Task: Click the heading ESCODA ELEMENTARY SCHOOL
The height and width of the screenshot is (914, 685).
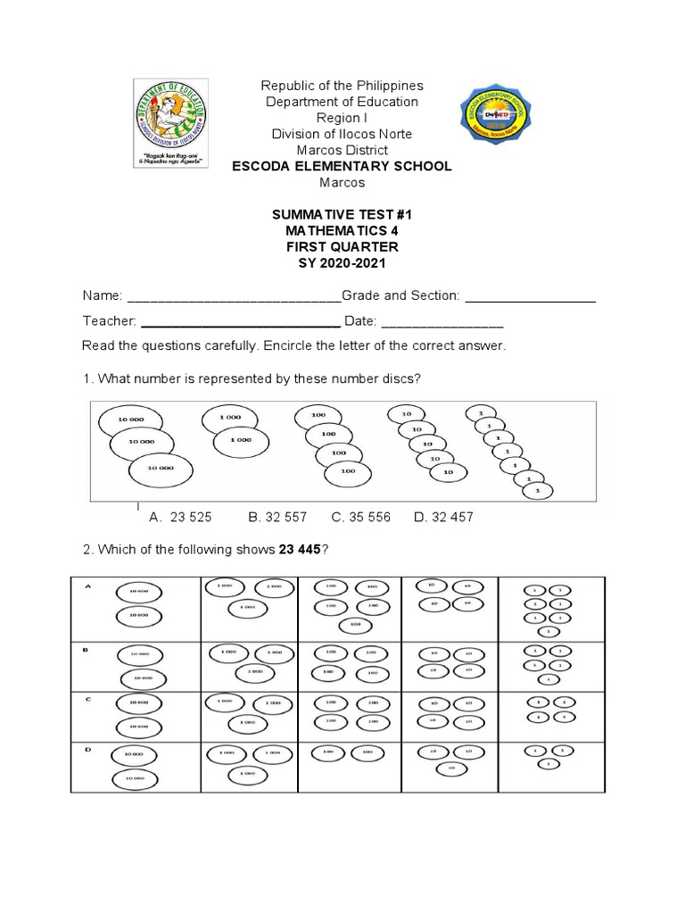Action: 342,166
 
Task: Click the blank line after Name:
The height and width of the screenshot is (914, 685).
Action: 235,296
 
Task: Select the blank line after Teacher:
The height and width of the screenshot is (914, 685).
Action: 241,321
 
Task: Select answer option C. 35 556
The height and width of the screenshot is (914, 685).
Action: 360,517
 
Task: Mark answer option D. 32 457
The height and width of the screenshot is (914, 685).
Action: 443,517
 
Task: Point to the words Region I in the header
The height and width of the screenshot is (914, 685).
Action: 342,118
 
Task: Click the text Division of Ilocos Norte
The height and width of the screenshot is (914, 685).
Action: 342,134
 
